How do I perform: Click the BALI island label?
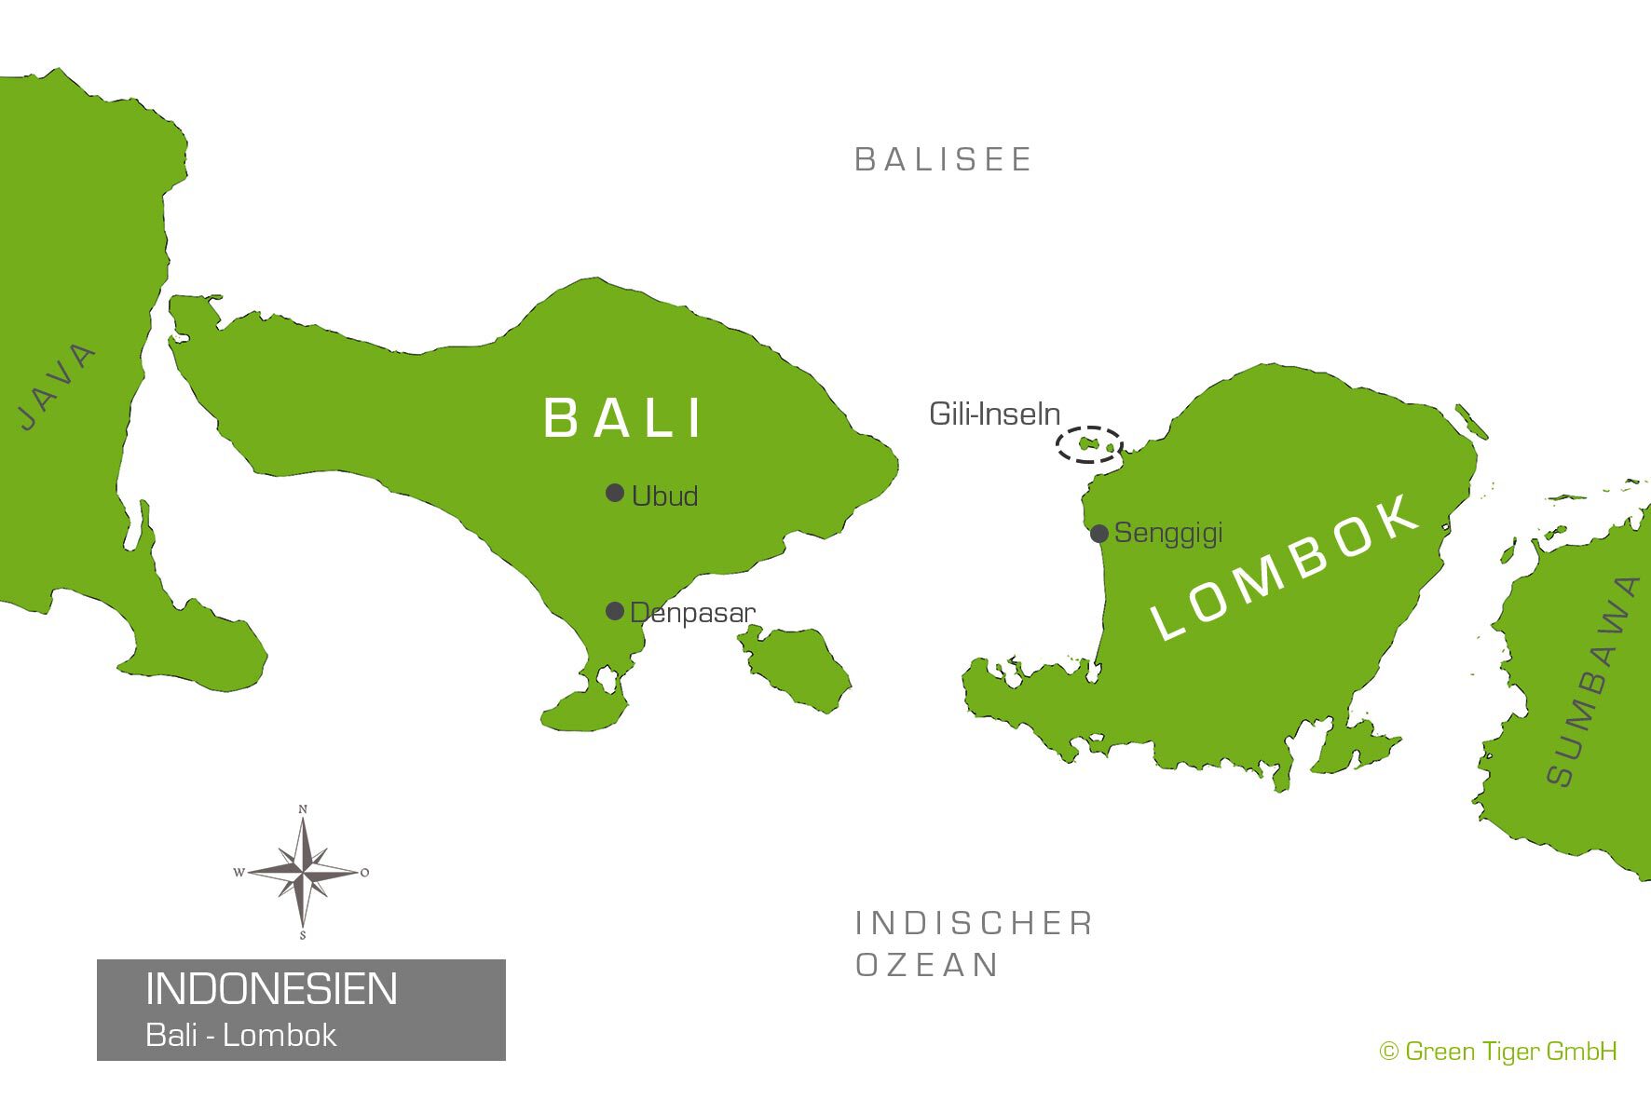pos(622,417)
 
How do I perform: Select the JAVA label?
pos(58,387)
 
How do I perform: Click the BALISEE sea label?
pos(943,159)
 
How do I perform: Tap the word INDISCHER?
pos(974,923)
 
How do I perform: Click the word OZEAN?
pos(927,965)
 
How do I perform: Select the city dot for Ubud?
pos(615,493)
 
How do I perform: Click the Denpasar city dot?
pos(615,611)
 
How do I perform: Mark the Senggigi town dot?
pos(1099,534)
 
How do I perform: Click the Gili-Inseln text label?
pos(994,414)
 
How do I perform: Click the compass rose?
pos(302,873)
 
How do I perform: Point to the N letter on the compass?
pos(303,809)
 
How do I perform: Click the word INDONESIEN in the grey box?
pos(271,989)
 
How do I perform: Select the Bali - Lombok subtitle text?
pos(240,1036)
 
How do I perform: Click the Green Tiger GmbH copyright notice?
pos(1498,1052)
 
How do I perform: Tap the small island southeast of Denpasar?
pos(797,667)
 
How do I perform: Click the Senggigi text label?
pos(1168,533)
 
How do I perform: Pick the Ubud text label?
pos(664,496)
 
